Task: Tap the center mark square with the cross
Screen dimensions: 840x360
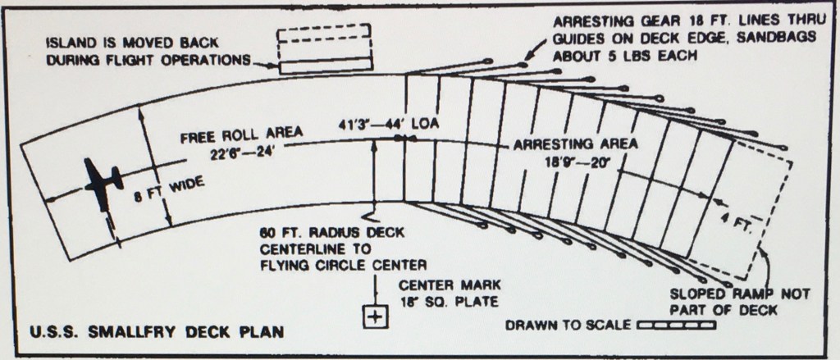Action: click(x=376, y=317)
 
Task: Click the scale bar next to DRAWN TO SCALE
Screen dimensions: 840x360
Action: click(x=677, y=325)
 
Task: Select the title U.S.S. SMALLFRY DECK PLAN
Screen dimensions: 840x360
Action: click(x=156, y=332)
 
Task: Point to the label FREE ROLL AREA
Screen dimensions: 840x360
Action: click(x=242, y=134)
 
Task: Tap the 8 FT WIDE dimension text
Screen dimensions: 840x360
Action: click(x=169, y=190)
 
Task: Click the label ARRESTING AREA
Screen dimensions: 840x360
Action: click(x=575, y=144)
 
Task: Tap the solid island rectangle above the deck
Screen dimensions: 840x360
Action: click(x=325, y=66)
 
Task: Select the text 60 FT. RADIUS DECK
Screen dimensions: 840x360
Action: click(x=332, y=234)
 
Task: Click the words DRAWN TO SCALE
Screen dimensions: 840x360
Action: click(x=568, y=326)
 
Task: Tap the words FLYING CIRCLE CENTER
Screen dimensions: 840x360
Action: click(x=344, y=265)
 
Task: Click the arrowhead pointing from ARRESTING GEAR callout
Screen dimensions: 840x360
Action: click(x=527, y=57)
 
